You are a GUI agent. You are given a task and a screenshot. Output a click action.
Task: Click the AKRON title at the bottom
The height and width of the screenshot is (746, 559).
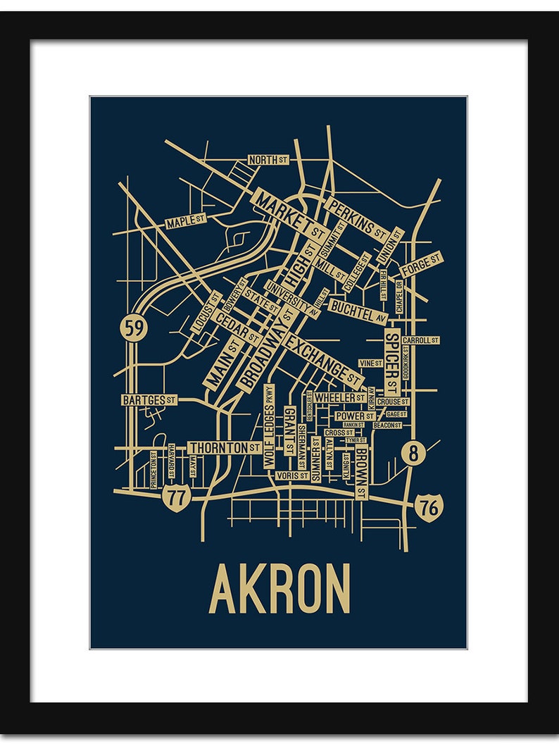279,589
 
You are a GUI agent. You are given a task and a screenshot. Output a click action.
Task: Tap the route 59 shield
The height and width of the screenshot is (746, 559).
131,328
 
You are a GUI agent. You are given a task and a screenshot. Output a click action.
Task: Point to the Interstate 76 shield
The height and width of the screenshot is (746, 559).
427,506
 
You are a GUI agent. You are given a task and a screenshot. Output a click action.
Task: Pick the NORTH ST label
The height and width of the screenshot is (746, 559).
268,160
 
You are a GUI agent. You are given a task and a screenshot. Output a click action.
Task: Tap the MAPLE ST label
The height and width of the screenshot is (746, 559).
185,223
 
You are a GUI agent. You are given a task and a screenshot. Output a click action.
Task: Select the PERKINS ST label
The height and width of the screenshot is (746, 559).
357,217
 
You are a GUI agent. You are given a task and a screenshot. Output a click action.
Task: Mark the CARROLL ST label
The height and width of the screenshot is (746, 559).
421,340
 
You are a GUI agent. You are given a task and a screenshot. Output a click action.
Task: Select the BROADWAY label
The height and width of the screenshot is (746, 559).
268,349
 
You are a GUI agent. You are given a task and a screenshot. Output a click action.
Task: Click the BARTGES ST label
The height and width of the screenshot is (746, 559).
149,400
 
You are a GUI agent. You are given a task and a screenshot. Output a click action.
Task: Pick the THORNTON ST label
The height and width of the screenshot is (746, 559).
225,447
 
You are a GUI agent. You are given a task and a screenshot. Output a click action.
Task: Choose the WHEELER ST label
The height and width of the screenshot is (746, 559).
339,398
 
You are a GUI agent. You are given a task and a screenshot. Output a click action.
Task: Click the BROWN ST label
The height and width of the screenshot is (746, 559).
360,473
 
